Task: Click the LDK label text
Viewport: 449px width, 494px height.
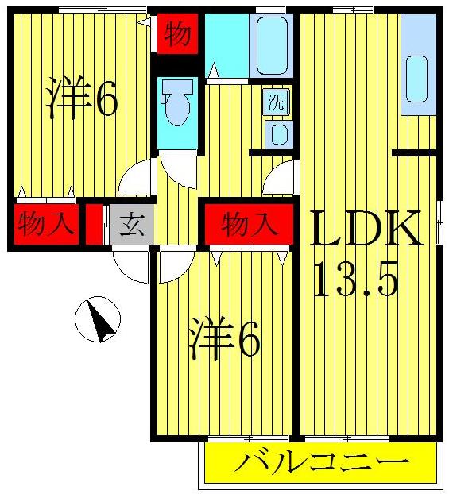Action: point(365,230)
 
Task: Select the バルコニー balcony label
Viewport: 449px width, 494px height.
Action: point(322,462)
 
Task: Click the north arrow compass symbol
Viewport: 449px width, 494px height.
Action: point(97,320)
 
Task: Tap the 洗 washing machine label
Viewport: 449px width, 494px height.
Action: point(276,101)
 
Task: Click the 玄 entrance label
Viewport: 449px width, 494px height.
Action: point(131,226)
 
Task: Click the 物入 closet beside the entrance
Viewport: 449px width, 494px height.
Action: point(45,225)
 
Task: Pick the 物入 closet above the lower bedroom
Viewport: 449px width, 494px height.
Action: point(249,225)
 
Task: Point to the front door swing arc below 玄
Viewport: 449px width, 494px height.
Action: point(129,264)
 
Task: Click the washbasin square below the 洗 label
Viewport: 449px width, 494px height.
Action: point(278,133)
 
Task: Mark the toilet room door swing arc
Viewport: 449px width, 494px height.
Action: point(179,169)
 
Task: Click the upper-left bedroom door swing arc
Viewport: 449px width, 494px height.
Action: point(135,179)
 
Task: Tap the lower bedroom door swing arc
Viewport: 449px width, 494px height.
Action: point(173,266)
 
